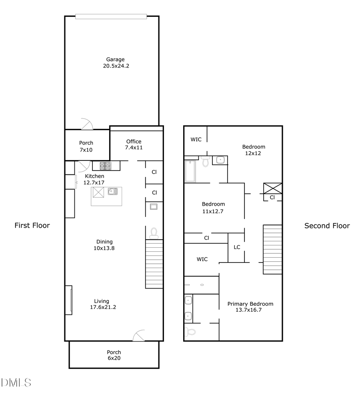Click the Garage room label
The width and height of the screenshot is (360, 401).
pos(115,59)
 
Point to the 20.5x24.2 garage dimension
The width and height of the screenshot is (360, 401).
pos(116,66)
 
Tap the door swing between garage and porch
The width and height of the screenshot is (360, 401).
pos(86,124)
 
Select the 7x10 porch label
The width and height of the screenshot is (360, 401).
pos(86,150)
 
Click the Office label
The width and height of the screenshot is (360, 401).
pos(134,141)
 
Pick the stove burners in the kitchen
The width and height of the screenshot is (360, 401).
pos(106,165)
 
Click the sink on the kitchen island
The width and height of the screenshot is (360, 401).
pos(112,192)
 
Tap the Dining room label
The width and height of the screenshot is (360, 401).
pos(104,241)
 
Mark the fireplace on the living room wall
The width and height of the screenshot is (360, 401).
pos(69,300)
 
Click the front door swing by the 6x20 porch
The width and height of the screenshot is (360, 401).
pos(139,336)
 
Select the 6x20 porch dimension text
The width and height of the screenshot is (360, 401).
pos(114,358)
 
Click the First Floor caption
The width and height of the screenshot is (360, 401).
pos(32,225)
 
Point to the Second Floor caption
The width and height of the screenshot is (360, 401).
pos(327,226)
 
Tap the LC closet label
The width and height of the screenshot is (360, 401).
pos(237,247)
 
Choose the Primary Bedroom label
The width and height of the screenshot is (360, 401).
pos(250,304)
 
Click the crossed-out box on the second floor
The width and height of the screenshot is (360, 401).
pos(272,188)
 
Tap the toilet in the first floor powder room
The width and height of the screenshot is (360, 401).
pos(154,233)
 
